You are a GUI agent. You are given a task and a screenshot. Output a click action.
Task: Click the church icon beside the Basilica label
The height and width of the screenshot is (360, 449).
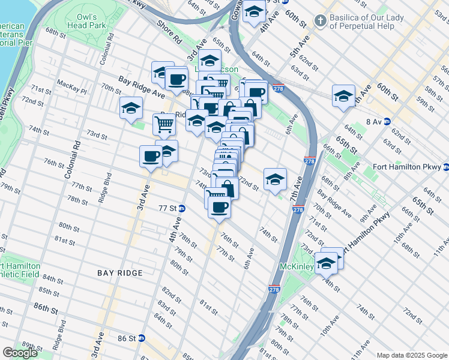(x=322, y=20)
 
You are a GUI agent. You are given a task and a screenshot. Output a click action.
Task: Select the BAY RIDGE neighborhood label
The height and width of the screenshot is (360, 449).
(x=120, y=273)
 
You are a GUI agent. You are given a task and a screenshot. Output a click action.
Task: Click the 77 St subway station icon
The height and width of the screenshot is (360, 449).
(x=181, y=208)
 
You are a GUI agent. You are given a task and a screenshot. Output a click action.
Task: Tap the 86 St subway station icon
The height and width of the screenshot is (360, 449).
(x=142, y=338)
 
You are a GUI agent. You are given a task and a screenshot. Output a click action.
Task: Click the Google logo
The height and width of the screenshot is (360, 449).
(x=20, y=353)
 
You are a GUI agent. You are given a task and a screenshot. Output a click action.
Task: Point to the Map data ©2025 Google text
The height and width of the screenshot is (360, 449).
(x=412, y=355)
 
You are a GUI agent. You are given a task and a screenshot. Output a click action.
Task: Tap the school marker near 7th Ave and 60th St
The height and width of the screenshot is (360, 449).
(x=343, y=96)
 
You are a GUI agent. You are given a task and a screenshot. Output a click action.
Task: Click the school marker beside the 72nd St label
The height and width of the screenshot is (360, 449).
(x=275, y=179)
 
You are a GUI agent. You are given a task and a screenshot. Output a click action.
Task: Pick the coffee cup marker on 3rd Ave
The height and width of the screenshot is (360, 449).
(x=151, y=156)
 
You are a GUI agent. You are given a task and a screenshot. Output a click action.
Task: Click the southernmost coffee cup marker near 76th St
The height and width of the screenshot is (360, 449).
(x=219, y=207)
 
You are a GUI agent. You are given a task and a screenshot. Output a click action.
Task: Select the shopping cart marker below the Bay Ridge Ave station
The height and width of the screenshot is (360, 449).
(x=164, y=125)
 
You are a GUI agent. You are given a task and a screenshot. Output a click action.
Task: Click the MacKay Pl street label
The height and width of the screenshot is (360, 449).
(x=71, y=83)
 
